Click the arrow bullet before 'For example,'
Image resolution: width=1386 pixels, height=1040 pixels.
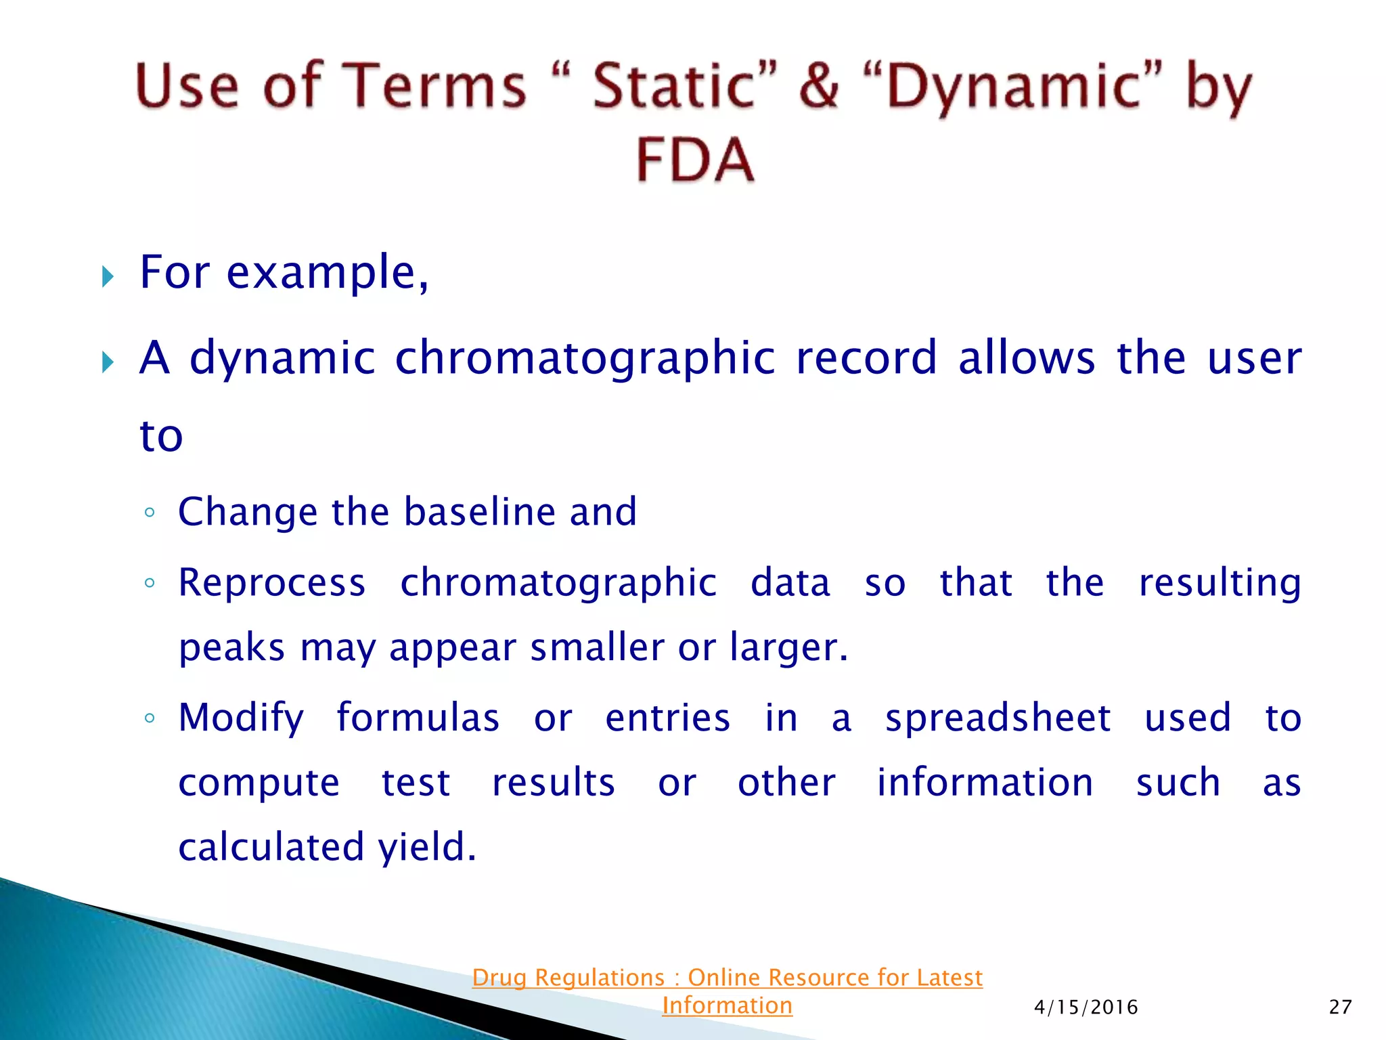[108, 276]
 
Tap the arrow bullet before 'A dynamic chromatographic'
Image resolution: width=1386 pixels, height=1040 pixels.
[108, 362]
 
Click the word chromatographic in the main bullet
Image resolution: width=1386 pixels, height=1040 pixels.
[585, 359]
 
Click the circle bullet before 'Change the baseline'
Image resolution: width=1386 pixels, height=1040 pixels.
[150, 513]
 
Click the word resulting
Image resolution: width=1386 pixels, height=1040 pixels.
[1220, 584]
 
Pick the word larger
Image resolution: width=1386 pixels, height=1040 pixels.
[788, 648]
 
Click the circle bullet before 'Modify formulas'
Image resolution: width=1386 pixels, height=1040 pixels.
[150, 718]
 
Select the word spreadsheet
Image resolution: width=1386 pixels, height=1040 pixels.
[998, 718]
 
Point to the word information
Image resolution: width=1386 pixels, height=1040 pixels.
[985, 783]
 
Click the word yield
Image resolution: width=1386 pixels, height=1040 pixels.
[426, 848]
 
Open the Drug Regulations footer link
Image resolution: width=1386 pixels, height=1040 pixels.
[727, 991]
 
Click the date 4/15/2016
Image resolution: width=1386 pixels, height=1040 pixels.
[1086, 1007]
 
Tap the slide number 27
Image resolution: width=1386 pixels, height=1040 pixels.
[1340, 1007]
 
